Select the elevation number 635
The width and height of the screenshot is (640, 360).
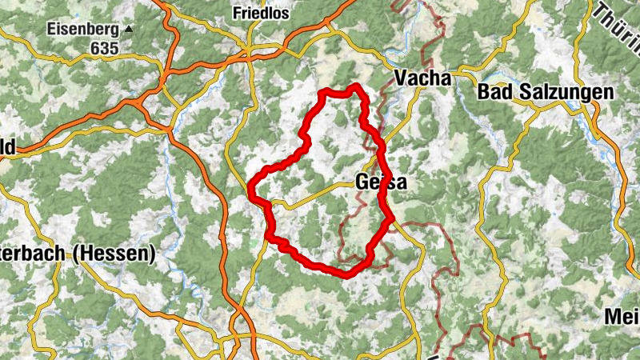click(104, 48)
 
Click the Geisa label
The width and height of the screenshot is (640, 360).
click(378, 182)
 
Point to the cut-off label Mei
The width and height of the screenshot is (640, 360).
click(622, 317)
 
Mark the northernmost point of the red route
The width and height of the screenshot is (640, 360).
click(355, 86)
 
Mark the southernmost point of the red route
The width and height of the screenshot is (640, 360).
click(346, 275)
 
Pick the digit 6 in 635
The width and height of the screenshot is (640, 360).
click(95, 48)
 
